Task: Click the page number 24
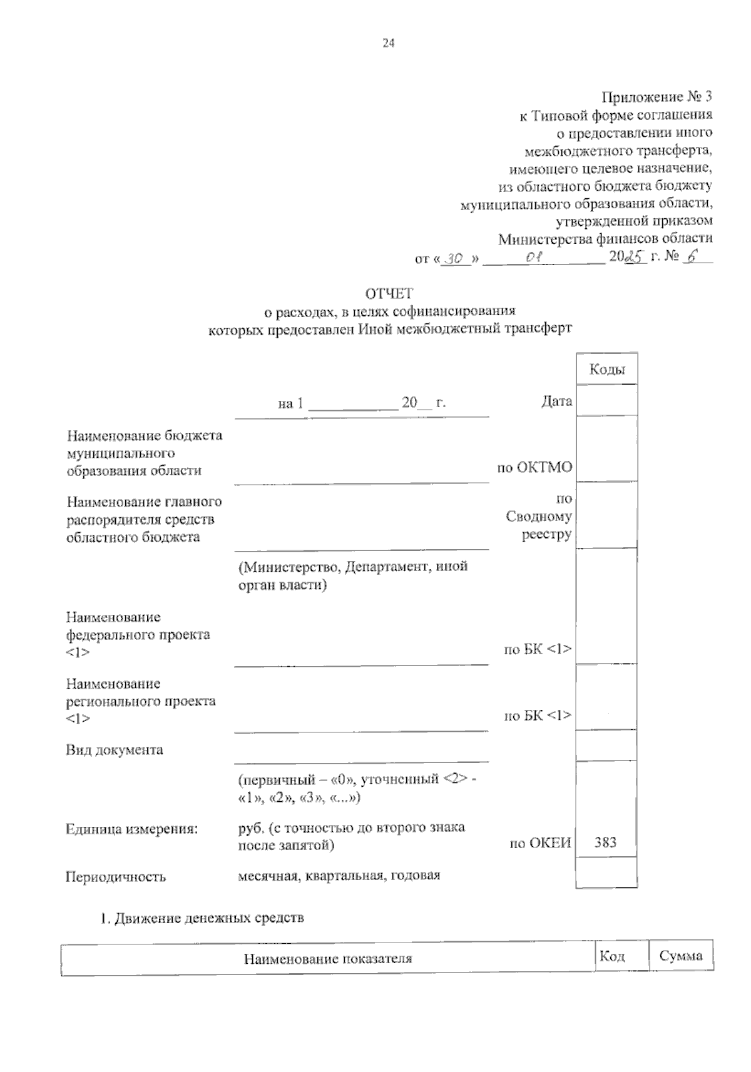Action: coord(388,43)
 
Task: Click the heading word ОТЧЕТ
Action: coord(389,293)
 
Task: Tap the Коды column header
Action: coord(606,370)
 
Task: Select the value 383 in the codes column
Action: coord(605,842)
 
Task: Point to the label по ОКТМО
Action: coord(534,467)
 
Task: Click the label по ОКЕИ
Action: coord(541,842)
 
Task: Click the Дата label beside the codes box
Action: coord(556,401)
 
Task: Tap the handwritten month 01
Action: coord(534,257)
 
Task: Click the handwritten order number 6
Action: coord(692,256)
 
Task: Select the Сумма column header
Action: coord(681,956)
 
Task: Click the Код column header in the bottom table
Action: coord(612,956)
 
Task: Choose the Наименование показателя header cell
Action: coord(328,958)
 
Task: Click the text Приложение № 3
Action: coord(656,97)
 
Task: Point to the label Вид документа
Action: coord(115,749)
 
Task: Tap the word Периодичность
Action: coord(116,876)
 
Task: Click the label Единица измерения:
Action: coord(132,829)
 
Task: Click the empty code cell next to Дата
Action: coord(606,401)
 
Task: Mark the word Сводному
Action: coord(539,517)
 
